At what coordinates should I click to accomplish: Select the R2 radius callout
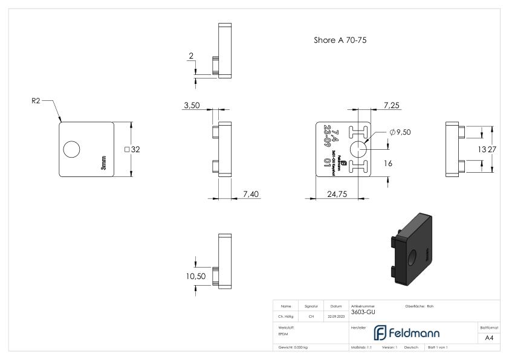(36, 102)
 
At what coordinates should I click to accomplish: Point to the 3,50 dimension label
(192, 106)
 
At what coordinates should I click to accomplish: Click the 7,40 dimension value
(251, 193)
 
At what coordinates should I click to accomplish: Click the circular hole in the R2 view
(71, 149)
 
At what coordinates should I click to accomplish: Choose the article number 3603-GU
(362, 312)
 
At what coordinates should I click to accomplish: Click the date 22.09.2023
(336, 315)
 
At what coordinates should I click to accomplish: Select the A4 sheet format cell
(490, 338)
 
